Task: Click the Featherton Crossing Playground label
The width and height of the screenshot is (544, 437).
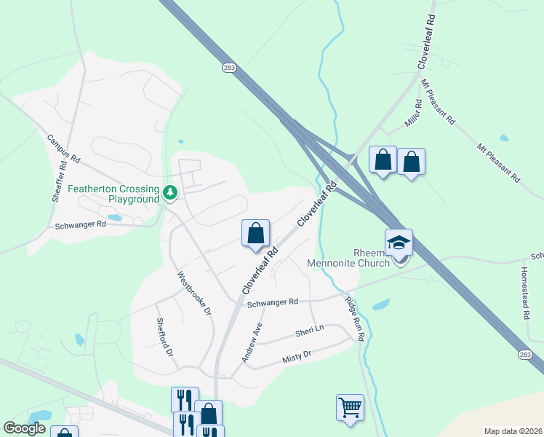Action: pyautogui.click(x=113, y=193)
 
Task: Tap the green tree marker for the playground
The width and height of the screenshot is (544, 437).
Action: pyautogui.click(x=170, y=193)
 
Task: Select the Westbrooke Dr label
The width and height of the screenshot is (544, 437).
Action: pyautogui.click(x=193, y=294)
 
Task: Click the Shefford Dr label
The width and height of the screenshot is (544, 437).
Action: pyautogui.click(x=164, y=336)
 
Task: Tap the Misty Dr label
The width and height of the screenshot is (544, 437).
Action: pyautogui.click(x=296, y=357)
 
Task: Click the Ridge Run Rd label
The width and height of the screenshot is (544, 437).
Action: pyautogui.click(x=354, y=318)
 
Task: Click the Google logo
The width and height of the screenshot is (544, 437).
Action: pyautogui.click(x=25, y=428)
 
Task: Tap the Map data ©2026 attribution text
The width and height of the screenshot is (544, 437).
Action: pyautogui.click(x=513, y=431)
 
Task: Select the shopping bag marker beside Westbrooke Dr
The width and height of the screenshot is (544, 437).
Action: pyautogui.click(x=255, y=234)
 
